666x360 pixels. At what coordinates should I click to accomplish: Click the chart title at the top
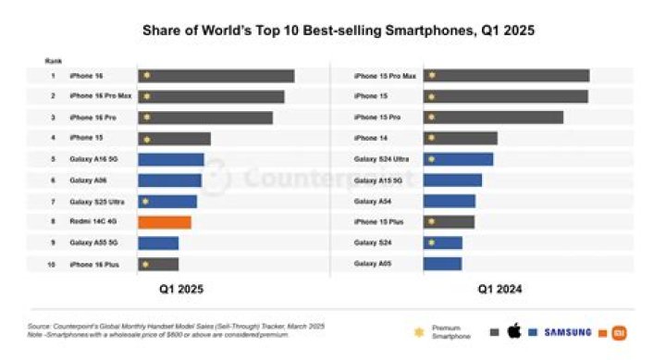click(338, 31)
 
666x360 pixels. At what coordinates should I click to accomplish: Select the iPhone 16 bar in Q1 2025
click(216, 76)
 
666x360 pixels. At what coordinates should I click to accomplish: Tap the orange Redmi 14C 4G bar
click(165, 222)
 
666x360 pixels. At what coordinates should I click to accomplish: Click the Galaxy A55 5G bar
click(158, 243)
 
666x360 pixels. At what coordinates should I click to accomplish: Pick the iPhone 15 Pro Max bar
click(506, 76)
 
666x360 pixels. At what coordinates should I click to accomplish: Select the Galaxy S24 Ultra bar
click(458, 159)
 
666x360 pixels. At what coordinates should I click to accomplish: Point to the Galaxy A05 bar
click(442, 265)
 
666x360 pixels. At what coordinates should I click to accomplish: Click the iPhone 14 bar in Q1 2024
click(461, 139)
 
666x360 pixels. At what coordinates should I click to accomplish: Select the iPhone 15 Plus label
click(376, 222)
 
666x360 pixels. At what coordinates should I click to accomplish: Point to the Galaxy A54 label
click(372, 202)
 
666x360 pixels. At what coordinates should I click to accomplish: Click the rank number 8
click(53, 222)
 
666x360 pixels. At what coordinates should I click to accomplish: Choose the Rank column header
click(53, 60)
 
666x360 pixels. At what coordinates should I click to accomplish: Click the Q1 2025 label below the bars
click(179, 290)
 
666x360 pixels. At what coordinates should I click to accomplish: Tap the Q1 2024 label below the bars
click(499, 290)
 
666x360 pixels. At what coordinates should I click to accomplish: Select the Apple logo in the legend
click(515, 331)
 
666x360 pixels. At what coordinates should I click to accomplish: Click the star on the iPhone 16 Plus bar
click(146, 265)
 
